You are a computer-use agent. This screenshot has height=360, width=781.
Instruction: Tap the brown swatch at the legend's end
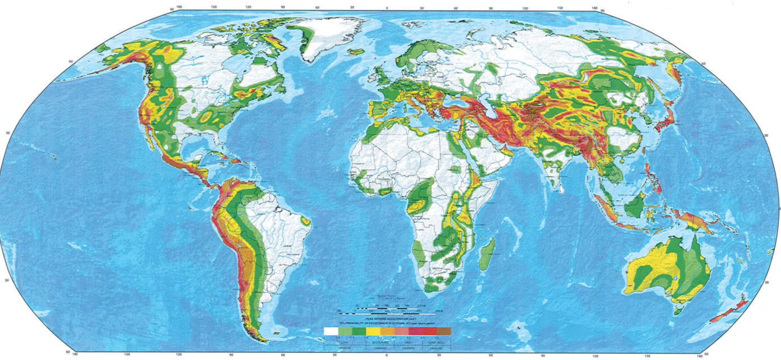coord(444,331)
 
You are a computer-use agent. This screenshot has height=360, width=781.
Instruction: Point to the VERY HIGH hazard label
coord(437,342)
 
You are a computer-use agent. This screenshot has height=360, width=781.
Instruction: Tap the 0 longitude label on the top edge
coord(387,8)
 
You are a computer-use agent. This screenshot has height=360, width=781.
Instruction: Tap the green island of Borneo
coord(634,207)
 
